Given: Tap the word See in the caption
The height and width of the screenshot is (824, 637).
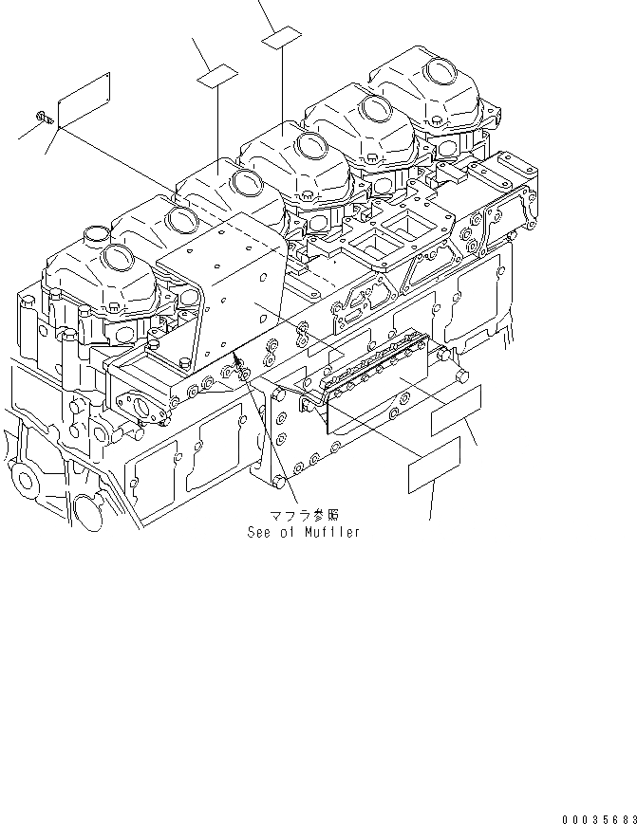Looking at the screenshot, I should [x=258, y=533].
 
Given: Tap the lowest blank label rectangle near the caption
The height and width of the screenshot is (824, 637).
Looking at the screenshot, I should [x=434, y=465].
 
